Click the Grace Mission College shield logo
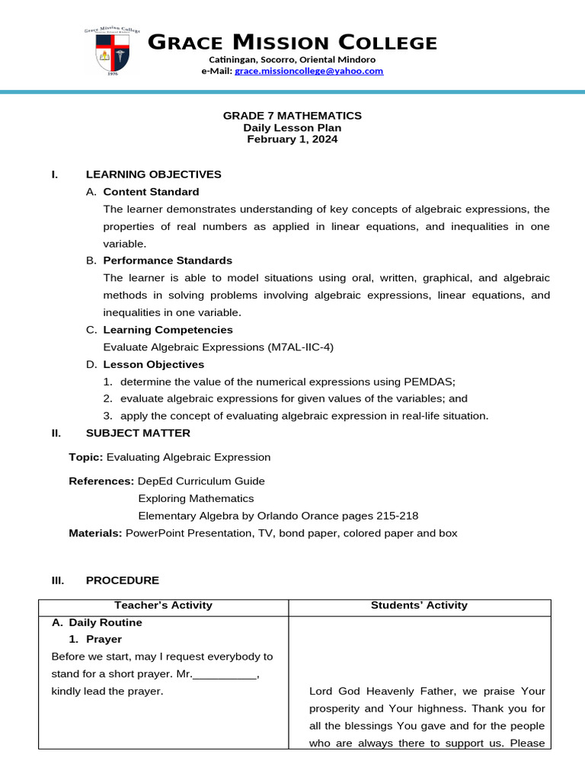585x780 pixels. click(x=113, y=51)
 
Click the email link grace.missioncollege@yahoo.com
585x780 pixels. click(x=309, y=71)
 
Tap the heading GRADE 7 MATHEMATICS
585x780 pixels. click(x=292, y=116)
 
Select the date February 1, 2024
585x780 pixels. click(x=292, y=139)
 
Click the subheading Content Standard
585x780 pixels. click(x=151, y=192)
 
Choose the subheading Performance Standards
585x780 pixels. click(x=168, y=261)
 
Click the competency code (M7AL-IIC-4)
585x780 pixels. click(x=301, y=347)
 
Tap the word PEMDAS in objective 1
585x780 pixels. click(x=431, y=382)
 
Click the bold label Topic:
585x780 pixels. click(x=85, y=458)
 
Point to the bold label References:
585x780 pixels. click(x=101, y=481)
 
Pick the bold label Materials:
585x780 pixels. click(x=95, y=533)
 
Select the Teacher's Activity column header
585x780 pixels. click(x=163, y=606)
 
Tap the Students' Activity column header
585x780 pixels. click(x=419, y=606)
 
